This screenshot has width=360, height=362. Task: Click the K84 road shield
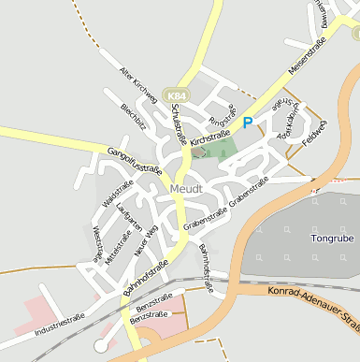tap(175, 94)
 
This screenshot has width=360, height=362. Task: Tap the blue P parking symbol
tap(248, 123)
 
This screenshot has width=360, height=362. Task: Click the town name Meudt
tap(186, 189)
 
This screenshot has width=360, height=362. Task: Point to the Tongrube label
tap(331, 239)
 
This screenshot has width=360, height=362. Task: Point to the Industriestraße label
tap(60, 325)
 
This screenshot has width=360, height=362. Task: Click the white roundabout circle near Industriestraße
tap(101, 347)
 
